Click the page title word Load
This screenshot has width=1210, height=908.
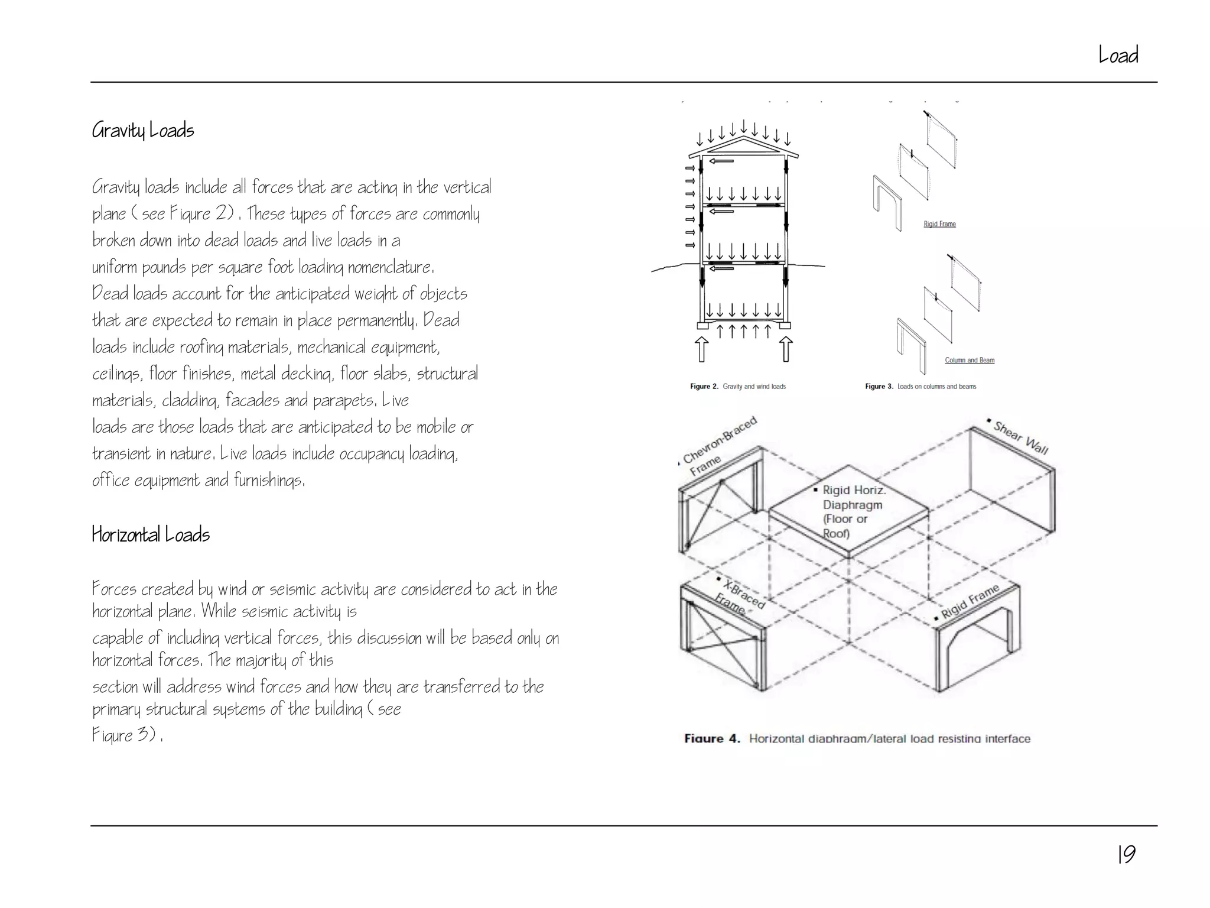[x=1118, y=55]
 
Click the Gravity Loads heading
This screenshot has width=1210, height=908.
[x=143, y=130]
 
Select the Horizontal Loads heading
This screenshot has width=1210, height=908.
[x=151, y=534]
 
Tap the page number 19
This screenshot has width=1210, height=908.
[x=1126, y=854]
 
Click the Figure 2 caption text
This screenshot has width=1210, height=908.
[x=738, y=387]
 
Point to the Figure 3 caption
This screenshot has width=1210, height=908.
[x=920, y=387]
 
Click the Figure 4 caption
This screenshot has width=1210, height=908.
[x=857, y=738]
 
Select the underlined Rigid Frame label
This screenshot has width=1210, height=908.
[x=939, y=224]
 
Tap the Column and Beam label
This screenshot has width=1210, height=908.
[x=970, y=360]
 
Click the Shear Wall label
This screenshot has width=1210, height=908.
[x=1020, y=437]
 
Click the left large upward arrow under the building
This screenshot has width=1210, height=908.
[x=701, y=349]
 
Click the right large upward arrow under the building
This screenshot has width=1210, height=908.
[x=786, y=349]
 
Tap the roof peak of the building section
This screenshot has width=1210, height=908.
[x=744, y=137]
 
